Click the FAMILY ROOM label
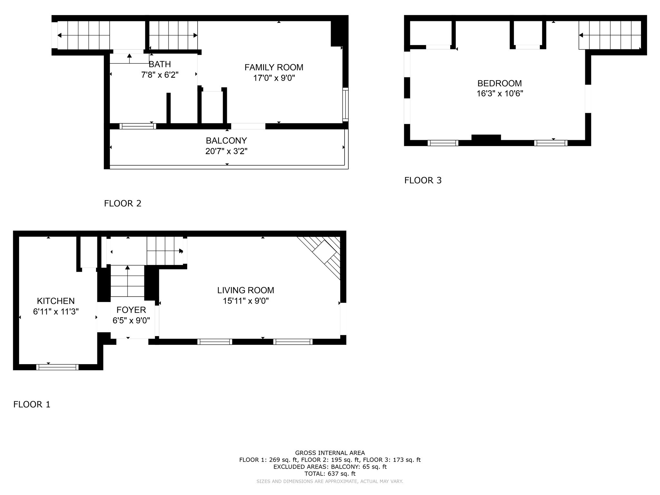click(x=274, y=67)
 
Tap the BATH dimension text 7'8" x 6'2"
click(x=160, y=75)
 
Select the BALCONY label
click(x=226, y=141)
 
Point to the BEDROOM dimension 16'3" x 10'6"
click(x=500, y=93)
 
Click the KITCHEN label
click(x=56, y=301)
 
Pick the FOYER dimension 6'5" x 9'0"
click(x=131, y=320)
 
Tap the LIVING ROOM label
click(x=246, y=290)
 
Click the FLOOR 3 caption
click(x=423, y=180)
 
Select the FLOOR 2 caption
click(x=123, y=203)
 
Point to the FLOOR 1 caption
click(x=32, y=404)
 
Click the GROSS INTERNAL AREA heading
click(x=330, y=453)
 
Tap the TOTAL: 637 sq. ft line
click(x=330, y=474)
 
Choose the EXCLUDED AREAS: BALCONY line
click(x=330, y=467)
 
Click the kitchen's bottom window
click(x=57, y=367)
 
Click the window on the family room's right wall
click(x=345, y=104)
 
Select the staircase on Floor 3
click(x=610, y=35)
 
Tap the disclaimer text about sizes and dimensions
click(x=330, y=481)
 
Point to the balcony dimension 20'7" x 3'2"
click(x=226, y=151)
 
